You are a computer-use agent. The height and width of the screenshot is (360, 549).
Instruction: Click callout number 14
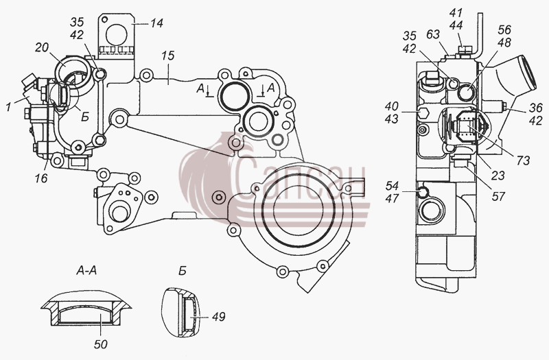(x=157, y=23)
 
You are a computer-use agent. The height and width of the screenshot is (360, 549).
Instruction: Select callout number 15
(x=168, y=56)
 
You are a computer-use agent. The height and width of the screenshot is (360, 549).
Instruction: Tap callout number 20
(x=42, y=47)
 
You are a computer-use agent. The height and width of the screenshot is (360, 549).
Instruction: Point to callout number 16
(x=41, y=178)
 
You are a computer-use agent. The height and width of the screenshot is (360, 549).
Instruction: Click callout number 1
(x=8, y=108)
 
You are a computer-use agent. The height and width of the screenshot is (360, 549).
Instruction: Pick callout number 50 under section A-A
(x=100, y=345)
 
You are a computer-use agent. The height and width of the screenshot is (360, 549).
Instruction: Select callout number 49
(x=218, y=317)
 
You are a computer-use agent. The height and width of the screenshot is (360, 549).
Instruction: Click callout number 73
(x=523, y=160)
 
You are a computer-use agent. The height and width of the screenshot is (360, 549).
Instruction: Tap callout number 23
(x=498, y=176)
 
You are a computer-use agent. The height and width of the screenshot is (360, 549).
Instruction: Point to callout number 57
(x=498, y=197)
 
